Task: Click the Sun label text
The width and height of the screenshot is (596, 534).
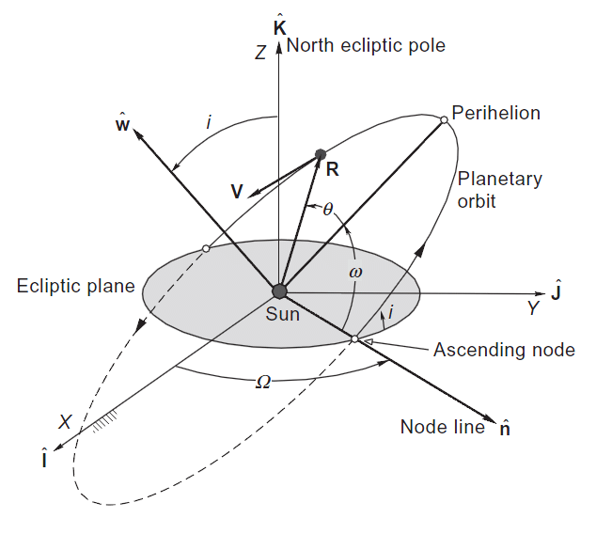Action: point(283,315)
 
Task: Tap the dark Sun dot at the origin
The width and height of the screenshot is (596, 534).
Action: point(279,291)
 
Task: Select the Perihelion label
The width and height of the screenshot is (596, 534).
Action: point(495,114)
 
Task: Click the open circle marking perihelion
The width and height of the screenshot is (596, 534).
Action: point(443,119)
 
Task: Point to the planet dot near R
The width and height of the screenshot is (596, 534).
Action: point(321,154)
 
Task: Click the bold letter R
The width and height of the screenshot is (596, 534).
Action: point(332,170)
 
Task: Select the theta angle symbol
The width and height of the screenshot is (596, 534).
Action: point(327,210)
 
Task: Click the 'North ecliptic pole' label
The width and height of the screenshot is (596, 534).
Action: point(367,45)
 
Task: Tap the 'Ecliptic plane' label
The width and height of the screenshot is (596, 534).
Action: point(76,286)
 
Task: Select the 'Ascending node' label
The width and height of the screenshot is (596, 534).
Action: point(504,350)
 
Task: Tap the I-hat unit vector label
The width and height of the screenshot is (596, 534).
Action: point(45,460)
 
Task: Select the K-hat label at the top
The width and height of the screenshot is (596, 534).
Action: point(279,26)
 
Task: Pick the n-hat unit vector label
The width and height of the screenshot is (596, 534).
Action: point(504,429)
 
